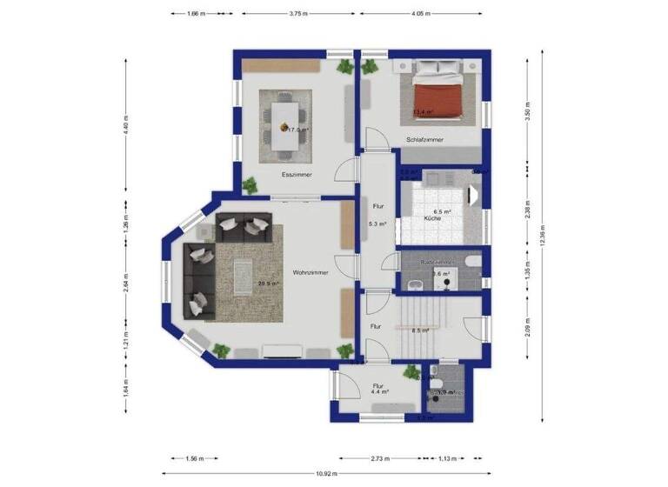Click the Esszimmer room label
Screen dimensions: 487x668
click(x=297, y=175)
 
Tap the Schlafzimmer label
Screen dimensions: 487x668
click(x=424, y=139)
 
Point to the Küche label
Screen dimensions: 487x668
click(x=432, y=219)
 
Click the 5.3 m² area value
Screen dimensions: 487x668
click(x=377, y=223)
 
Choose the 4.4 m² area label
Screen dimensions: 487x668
click(x=379, y=391)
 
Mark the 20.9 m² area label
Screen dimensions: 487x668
click(x=267, y=283)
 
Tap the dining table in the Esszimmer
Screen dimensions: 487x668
click(x=284, y=124)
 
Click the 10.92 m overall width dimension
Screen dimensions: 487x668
click(x=325, y=473)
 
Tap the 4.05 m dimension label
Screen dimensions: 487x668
click(x=423, y=15)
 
